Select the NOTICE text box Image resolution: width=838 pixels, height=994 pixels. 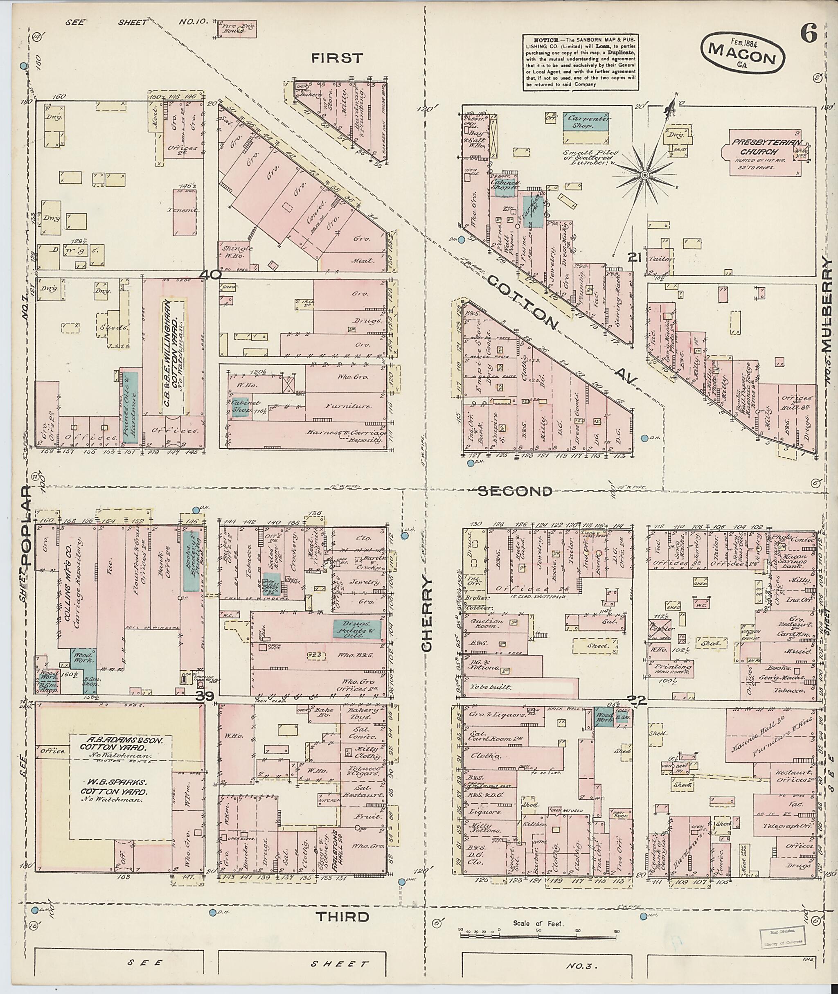580,62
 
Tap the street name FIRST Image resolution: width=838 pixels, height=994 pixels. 337,59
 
